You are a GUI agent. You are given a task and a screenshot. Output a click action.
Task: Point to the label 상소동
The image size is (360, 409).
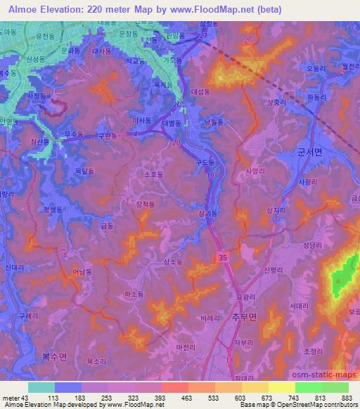coord(172,262)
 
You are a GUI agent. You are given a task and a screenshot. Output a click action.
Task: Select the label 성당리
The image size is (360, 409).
coord(311,245)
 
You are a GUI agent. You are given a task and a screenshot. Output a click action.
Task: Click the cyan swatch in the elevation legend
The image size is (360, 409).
coord(41,387)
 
